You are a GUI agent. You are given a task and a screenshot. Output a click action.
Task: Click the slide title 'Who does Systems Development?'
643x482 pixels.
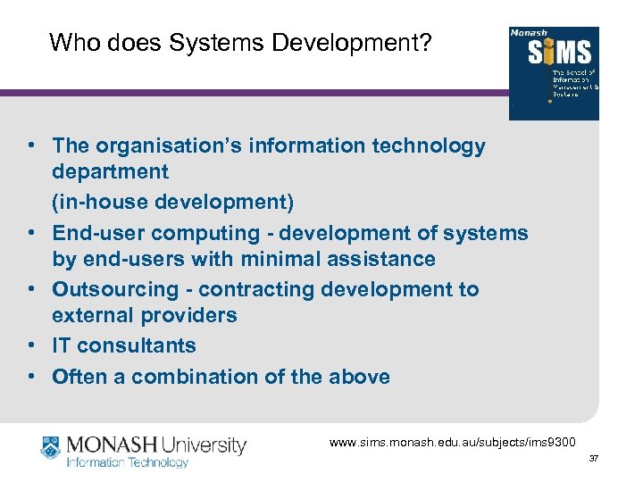pos(240,42)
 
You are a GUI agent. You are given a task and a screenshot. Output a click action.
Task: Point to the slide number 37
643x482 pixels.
pos(594,459)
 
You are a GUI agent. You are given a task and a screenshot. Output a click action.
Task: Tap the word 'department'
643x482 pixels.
pos(110,170)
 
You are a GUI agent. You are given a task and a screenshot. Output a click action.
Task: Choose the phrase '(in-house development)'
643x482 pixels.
pos(172,203)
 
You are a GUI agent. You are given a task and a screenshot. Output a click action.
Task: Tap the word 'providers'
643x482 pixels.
pos(194,315)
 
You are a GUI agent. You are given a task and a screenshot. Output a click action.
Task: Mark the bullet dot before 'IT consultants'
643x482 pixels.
pos(30,345)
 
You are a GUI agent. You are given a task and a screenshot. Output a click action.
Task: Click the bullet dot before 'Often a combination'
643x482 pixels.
pos(30,377)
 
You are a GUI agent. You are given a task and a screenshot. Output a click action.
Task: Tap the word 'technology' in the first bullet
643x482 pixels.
pos(436,145)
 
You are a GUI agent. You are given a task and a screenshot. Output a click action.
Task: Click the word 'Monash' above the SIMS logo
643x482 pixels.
pos(528,33)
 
